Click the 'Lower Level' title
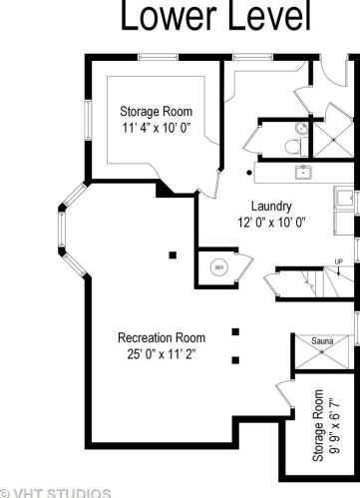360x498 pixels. point(215,15)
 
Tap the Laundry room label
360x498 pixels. point(271,207)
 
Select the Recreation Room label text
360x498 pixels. point(162,338)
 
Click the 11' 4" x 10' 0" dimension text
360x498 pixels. point(157,128)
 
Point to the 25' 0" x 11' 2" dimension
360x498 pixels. point(162,354)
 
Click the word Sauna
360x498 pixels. point(322,341)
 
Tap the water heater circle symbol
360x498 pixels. point(219,267)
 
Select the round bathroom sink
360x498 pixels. point(301,128)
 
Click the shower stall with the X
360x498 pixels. point(333,140)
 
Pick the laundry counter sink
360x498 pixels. point(303,173)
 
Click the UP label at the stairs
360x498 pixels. point(339,262)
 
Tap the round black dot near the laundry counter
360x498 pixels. point(249,173)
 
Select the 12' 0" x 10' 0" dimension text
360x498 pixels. point(271,223)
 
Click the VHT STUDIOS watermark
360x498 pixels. point(55,493)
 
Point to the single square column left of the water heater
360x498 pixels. point(173,255)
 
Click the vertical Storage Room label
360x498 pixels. point(318,425)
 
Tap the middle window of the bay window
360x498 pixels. point(62,229)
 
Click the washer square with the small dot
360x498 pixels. point(344,199)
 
